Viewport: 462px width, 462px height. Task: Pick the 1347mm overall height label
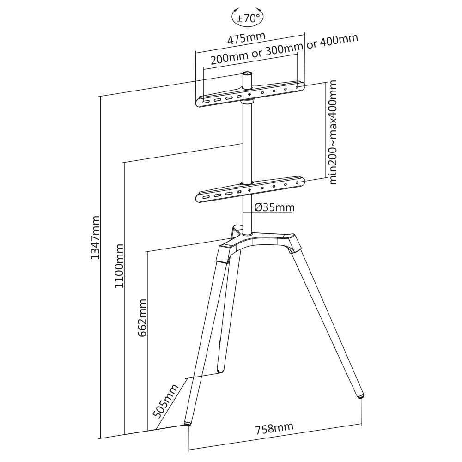click(95, 237)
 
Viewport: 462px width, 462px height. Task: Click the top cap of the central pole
click(248, 73)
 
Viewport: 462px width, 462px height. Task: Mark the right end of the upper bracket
click(301, 85)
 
